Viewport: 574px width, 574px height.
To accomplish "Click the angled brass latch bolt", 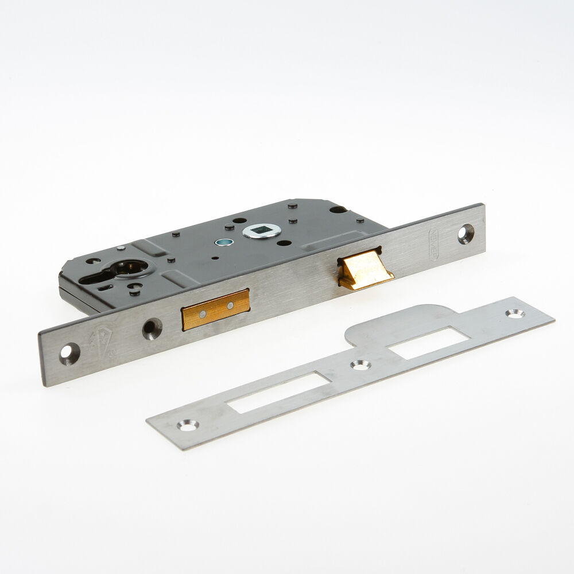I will click(x=364, y=269).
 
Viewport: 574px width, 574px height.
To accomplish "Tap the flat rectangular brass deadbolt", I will click(x=216, y=310).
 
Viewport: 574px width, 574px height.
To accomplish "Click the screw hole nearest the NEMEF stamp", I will click(x=465, y=234).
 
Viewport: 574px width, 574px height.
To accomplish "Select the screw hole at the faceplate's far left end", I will click(x=68, y=353).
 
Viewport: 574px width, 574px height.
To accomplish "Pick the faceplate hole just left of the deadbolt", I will click(x=152, y=328).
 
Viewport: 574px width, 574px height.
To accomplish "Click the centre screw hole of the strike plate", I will click(x=360, y=364).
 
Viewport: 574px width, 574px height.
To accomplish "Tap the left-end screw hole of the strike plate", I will click(x=187, y=425).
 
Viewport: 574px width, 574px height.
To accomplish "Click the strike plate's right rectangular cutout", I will click(x=425, y=343).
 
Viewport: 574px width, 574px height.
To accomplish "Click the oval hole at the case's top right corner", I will click(x=338, y=210).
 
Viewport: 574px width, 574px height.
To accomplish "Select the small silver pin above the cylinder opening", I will click(x=121, y=248).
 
